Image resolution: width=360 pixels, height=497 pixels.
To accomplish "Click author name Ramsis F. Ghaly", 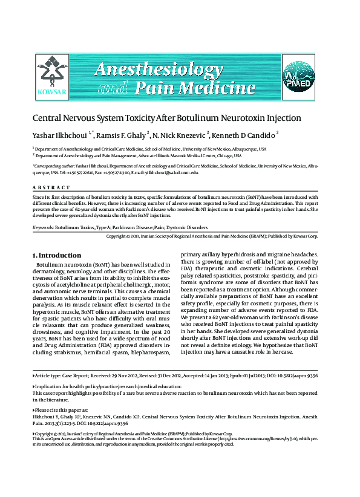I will [x=120, y=135].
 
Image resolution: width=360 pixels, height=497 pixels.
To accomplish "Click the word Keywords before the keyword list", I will [x=42, y=228].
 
